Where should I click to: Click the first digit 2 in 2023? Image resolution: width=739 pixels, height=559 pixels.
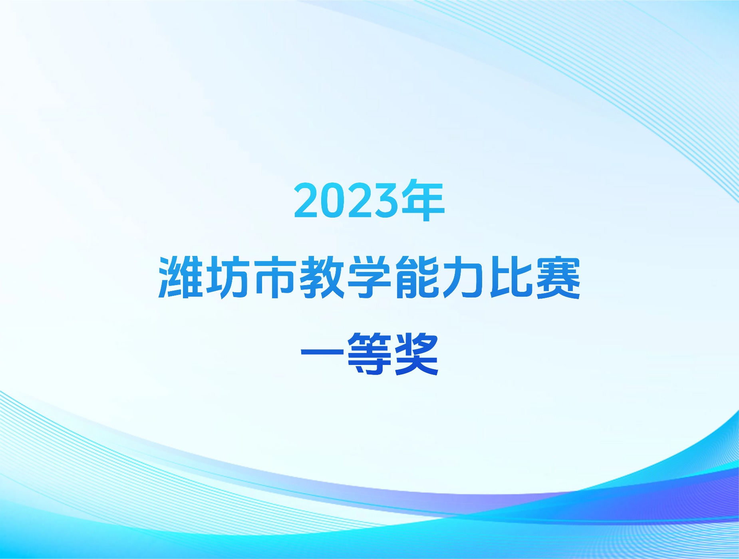(306, 200)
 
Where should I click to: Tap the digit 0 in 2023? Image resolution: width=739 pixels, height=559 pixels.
(333, 200)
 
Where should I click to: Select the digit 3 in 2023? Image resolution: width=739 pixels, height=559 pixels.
(386, 200)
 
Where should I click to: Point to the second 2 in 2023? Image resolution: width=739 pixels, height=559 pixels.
(360, 200)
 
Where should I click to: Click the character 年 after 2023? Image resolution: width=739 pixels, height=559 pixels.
(423, 200)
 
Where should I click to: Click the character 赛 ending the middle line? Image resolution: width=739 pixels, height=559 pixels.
(558, 277)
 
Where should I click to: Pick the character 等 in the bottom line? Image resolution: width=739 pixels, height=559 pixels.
(369, 354)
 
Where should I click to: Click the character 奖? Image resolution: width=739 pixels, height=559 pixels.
(417, 354)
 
